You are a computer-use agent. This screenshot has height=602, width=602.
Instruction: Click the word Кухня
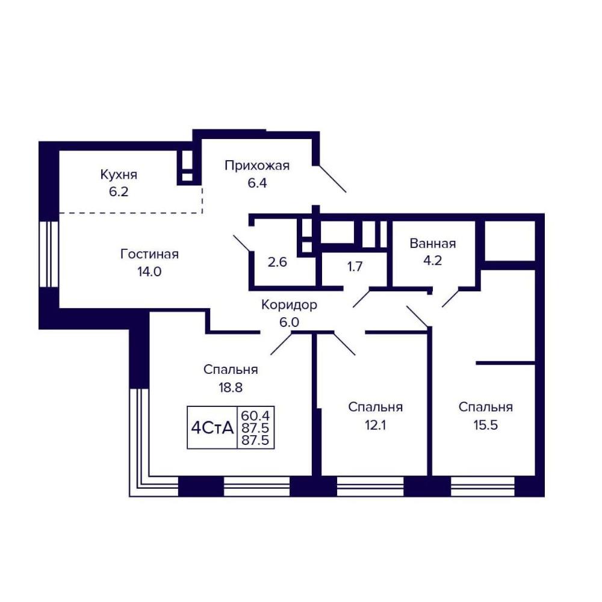coord(119,175)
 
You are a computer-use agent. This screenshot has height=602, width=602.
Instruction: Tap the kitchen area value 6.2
coord(119,192)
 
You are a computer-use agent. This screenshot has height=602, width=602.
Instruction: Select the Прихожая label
coord(257,166)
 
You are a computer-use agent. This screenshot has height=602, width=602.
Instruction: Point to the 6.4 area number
coord(257,183)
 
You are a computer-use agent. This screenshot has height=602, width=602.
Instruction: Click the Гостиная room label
coord(149,254)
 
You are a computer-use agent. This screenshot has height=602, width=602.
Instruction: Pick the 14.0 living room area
coord(149,272)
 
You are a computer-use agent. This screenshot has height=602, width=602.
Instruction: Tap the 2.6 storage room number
coord(277,262)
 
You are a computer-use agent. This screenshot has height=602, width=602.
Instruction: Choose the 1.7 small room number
coord(355,267)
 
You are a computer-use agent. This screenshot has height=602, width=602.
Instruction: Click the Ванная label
coord(433,243)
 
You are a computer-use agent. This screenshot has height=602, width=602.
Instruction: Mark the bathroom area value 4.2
coord(433,261)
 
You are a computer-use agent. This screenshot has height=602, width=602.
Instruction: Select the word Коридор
coord(289,305)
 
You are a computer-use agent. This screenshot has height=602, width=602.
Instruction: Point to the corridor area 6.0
coord(289,323)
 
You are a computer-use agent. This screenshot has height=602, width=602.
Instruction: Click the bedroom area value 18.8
coord(231,388)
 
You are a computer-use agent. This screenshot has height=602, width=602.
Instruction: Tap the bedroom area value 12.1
coord(375,426)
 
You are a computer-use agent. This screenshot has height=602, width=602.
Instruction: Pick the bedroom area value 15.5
coord(486,426)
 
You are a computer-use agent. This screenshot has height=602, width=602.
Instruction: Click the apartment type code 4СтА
coord(213,427)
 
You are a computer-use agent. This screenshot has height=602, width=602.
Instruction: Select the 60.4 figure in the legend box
coord(255,415)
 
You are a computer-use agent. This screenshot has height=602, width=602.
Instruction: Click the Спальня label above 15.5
coord(486,408)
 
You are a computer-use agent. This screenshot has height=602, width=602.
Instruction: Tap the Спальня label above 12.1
coord(375,408)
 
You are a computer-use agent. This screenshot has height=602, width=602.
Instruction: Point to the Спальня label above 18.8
coord(231,370)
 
